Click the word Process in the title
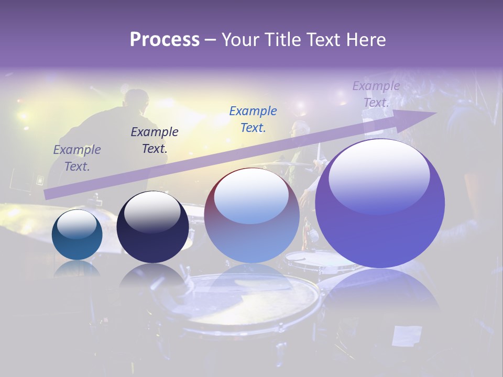[x=165, y=40]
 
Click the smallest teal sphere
[x=77, y=235]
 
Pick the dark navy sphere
[x=152, y=227]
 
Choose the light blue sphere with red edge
[x=251, y=215]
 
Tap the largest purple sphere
[x=380, y=204]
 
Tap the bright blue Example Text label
[x=253, y=119]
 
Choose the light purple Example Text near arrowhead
[x=376, y=94]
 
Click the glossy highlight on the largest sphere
[x=379, y=175]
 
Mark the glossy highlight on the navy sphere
[x=152, y=211]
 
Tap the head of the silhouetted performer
[x=137, y=99]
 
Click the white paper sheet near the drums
[x=407, y=336]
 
